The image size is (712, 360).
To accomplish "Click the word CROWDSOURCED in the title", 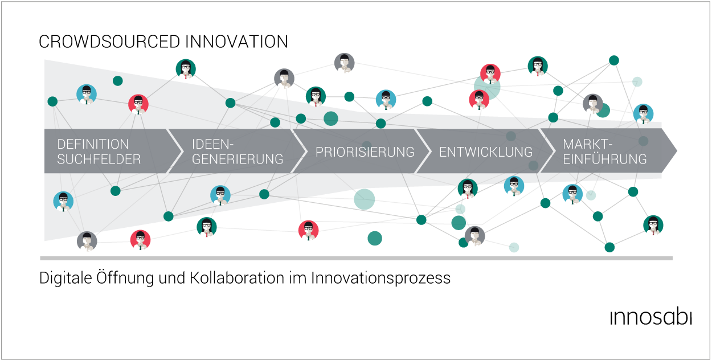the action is click(109, 42).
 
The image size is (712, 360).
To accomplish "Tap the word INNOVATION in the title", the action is click(236, 42).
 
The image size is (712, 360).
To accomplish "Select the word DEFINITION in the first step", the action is click(93, 144).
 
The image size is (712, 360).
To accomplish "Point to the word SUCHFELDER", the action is click(99, 159).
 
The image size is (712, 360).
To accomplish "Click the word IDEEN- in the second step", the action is click(212, 144).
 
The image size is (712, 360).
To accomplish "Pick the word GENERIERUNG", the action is click(238, 159).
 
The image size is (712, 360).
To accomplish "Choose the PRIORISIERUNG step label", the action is click(365, 152).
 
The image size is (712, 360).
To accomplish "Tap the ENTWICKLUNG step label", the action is click(486, 152).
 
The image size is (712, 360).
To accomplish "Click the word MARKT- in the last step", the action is click(587, 144).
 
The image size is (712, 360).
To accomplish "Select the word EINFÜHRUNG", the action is click(604, 159).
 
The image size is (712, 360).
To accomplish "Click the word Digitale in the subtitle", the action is click(66, 278).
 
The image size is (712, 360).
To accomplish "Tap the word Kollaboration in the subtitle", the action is click(237, 278).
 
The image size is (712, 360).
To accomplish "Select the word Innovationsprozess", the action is click(381, 278).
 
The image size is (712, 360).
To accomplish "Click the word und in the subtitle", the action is click(171, 279).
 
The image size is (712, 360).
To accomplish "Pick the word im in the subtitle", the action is click(298, 278).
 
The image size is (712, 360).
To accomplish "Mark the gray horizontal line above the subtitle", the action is click(356, 259).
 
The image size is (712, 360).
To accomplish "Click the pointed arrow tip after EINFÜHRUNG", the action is click(677, 150).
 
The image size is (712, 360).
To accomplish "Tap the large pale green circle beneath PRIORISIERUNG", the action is click(365, 199).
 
